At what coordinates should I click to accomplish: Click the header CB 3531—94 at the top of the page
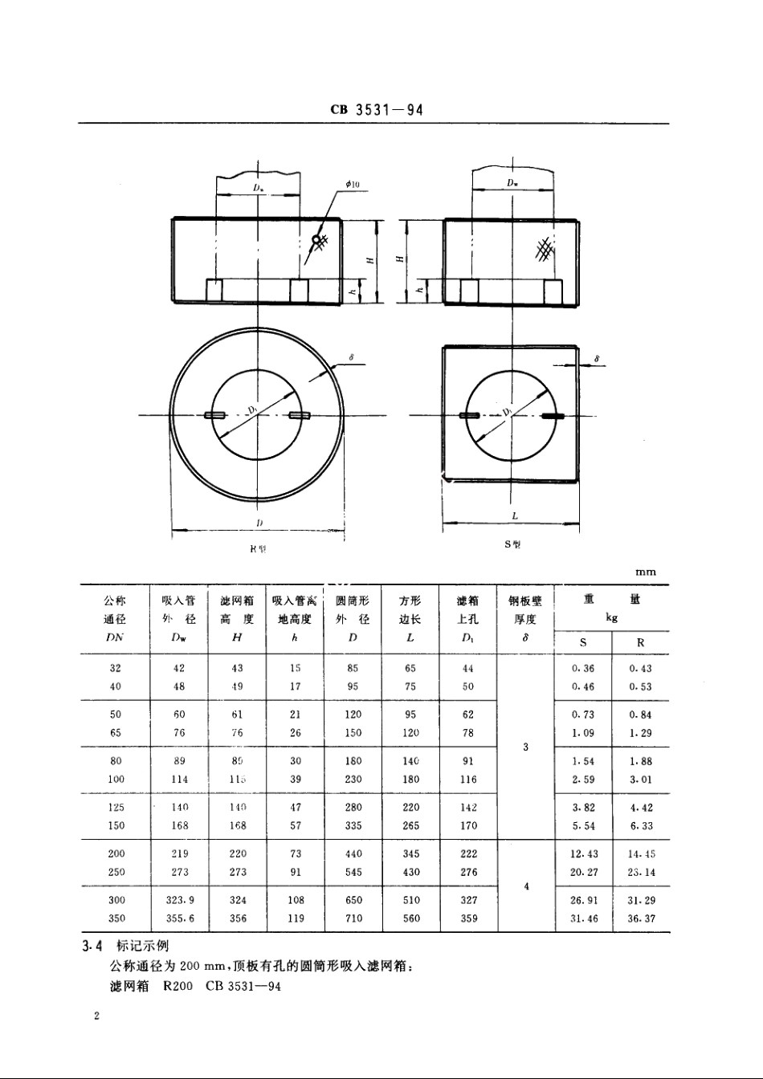point(376,110)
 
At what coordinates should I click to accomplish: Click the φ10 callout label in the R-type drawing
point(353,185)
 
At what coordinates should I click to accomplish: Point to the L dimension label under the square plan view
point(514,516)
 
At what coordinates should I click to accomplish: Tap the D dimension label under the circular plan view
point(259,523)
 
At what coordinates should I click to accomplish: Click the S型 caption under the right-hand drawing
point(512,544)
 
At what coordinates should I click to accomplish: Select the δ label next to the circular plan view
point(352,356)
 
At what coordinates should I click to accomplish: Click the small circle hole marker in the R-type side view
point(317,239)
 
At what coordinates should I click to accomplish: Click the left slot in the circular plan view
point(215,415)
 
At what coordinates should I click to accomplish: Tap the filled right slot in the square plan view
point(554,416)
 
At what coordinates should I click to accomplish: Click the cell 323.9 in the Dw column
point(180,900)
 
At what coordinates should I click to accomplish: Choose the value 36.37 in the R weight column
point(641,918)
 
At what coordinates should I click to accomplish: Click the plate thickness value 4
point(526,886)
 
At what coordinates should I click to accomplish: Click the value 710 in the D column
point(353,918)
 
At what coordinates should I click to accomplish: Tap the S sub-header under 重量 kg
point(583,642)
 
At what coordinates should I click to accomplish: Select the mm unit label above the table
point(645,572)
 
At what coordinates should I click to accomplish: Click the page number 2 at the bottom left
point(96,1017)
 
